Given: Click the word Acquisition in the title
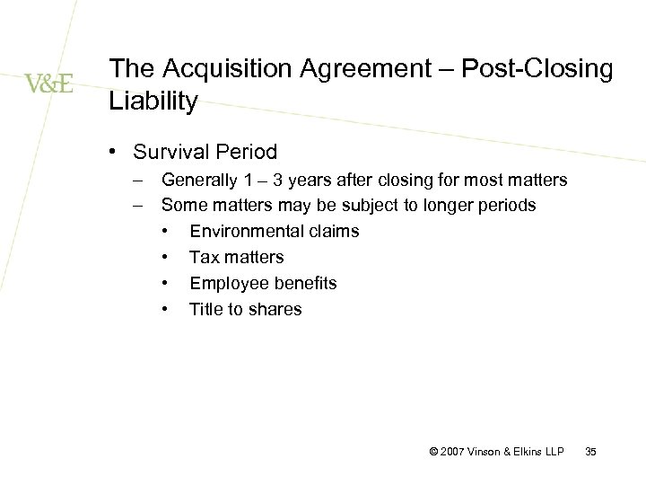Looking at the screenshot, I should coord(213,70).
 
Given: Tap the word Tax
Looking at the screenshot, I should coord(203,258).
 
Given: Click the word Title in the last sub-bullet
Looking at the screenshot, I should coord(205,309).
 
